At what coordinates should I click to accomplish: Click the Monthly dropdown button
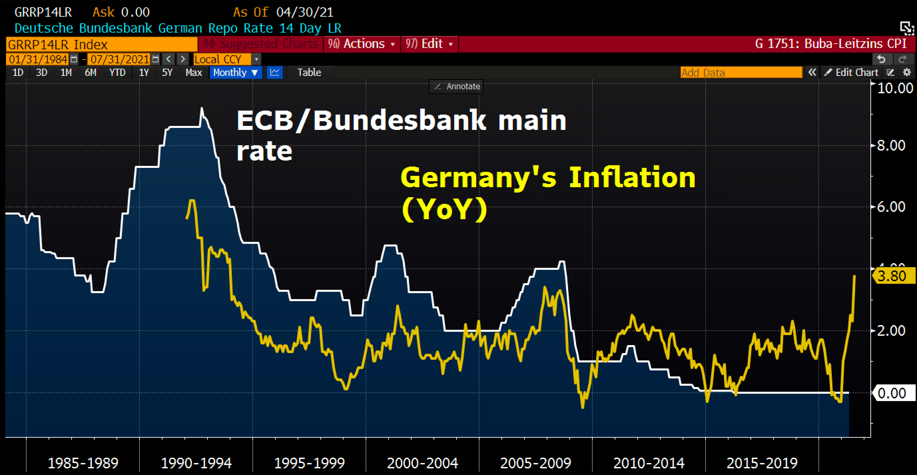(x=235, y=73)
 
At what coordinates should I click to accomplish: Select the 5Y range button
(x=167, y=73)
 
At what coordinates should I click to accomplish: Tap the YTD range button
(x=117, y=73)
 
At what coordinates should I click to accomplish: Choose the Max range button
(x=194, y=73)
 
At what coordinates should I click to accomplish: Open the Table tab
(x=309, y=73)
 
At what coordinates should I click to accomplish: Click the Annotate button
(x=457, y=87)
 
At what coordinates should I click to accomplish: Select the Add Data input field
(x=741, y=73)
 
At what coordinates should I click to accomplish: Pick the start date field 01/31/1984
(x=38, y=59)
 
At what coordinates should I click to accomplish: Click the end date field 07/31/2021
(x=120, y=59)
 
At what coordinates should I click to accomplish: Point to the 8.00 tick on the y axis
(x=891, y=146)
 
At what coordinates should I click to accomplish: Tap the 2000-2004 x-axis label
(x=422, y=463)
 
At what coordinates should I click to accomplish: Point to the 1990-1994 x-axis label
(x=196, y=463)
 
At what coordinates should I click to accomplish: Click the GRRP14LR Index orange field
(x=102, y=45)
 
